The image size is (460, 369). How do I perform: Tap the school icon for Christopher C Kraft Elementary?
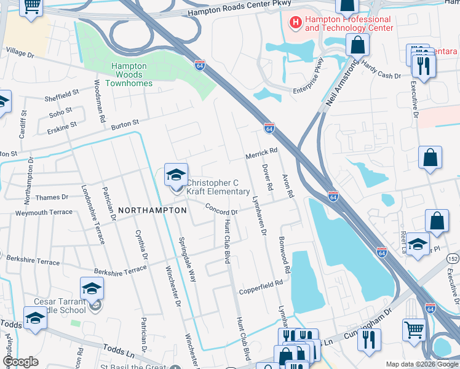[x=176, y=176]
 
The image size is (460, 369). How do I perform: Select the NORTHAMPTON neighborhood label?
[x=152, y=210]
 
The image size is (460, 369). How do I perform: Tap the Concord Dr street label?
[x=221, y=210]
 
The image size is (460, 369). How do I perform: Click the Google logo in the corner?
[x=20, y=362]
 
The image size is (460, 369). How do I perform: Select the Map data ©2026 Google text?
[x=421, y=364]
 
